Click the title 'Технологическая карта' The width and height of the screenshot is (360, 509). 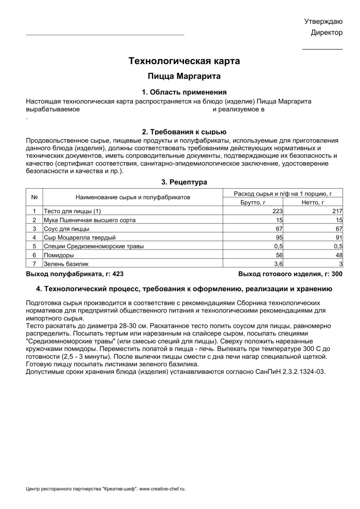[x=184, y=61]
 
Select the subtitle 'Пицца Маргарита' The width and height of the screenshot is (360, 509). [x=184, y=76]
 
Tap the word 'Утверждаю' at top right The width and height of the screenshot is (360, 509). [x=323, y=21]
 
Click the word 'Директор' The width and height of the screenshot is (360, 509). [x=326, y=33]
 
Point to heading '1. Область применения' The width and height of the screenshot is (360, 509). [x=184, y=92]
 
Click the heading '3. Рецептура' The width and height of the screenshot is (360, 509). [x=184, y=182]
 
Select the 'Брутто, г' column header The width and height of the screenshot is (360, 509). [x=253, y=202]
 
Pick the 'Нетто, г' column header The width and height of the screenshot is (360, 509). [x=313, y=202]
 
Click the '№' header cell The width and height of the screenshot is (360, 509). [x=34, y=197]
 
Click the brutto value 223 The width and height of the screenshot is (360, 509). [x=277, y=212]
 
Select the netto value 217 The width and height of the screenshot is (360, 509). [x=337, y=212]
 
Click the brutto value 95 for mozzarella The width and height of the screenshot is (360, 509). [x=279, y=238]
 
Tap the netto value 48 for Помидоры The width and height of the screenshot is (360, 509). [x=339, y=255]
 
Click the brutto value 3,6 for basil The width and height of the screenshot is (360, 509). [x=278, y=264]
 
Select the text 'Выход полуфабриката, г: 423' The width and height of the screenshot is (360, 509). [x=75, y=274]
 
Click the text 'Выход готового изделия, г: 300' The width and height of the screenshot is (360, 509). [x=290, y=274]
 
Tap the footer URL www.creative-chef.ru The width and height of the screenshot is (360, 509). [x=163, y=489]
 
